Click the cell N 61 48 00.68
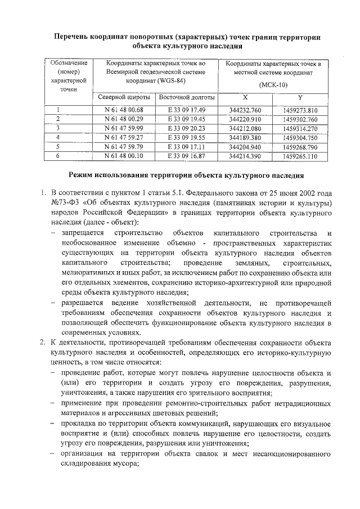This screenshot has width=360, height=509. [124, 110]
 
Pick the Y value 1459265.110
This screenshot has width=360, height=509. [301, 155]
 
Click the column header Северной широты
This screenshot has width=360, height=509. [123, 97]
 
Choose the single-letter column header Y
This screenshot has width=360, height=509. [300, 97]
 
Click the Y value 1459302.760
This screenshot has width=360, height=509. [301, 119]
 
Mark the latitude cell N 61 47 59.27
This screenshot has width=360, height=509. [124, 137]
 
